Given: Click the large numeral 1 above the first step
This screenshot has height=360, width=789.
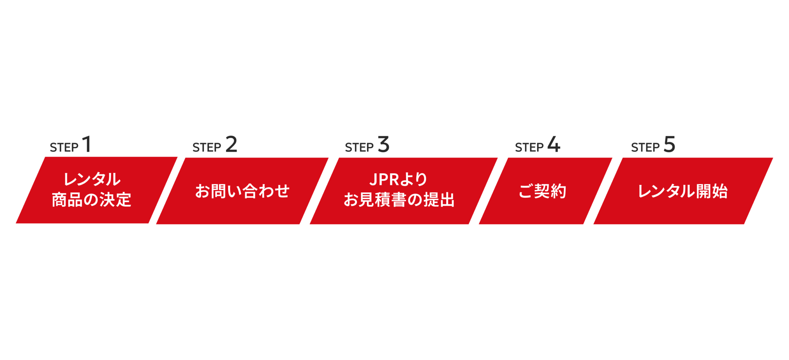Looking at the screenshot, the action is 87,144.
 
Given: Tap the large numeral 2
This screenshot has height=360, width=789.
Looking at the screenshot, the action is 231,144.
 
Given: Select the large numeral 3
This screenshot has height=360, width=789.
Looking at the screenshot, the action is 384,144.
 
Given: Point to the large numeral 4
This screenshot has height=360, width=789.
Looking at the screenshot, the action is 554,144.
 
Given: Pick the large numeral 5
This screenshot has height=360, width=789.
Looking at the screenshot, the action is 669,144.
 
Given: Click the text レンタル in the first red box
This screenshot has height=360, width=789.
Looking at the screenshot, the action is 92,179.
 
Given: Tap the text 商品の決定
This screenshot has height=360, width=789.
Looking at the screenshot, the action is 91,200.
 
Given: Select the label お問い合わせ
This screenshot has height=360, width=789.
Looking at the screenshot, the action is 242,191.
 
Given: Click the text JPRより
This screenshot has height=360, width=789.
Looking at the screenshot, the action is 398,179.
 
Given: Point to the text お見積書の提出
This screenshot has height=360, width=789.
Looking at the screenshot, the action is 399,200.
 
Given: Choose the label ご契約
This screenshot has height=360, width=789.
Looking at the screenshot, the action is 542,191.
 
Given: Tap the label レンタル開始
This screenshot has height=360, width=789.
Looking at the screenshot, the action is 683,191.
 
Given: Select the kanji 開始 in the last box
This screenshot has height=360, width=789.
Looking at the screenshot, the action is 712,191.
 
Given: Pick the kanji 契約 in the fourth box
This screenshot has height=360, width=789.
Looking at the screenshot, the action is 550,191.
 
